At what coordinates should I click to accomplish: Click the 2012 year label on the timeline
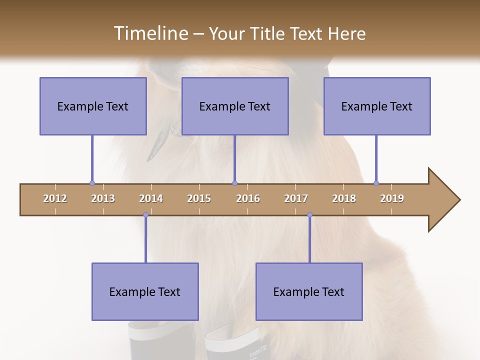point(55,198)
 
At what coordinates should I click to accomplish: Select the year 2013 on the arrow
point(103,198)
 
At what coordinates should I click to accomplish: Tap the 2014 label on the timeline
point(151,198)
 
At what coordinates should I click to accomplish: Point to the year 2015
point(199,198)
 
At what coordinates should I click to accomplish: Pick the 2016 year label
point(248,198)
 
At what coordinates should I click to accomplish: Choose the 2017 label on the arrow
point(296,198)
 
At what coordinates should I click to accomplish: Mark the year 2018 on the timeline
point(344,198)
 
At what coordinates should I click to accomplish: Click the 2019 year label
point(392,198)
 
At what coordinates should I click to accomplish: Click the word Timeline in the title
point(150,33)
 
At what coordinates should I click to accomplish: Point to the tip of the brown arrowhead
point(459,200)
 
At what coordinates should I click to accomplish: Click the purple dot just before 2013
point(92,183)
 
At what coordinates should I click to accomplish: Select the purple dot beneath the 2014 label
point(145,215)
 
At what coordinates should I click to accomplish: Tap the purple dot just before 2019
point(376,183)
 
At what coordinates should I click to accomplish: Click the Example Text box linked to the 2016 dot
point(235,106)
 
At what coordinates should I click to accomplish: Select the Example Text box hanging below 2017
point(309,291)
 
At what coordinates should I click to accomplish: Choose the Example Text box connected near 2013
point(93,106)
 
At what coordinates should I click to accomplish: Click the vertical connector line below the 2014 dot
point(145,240)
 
